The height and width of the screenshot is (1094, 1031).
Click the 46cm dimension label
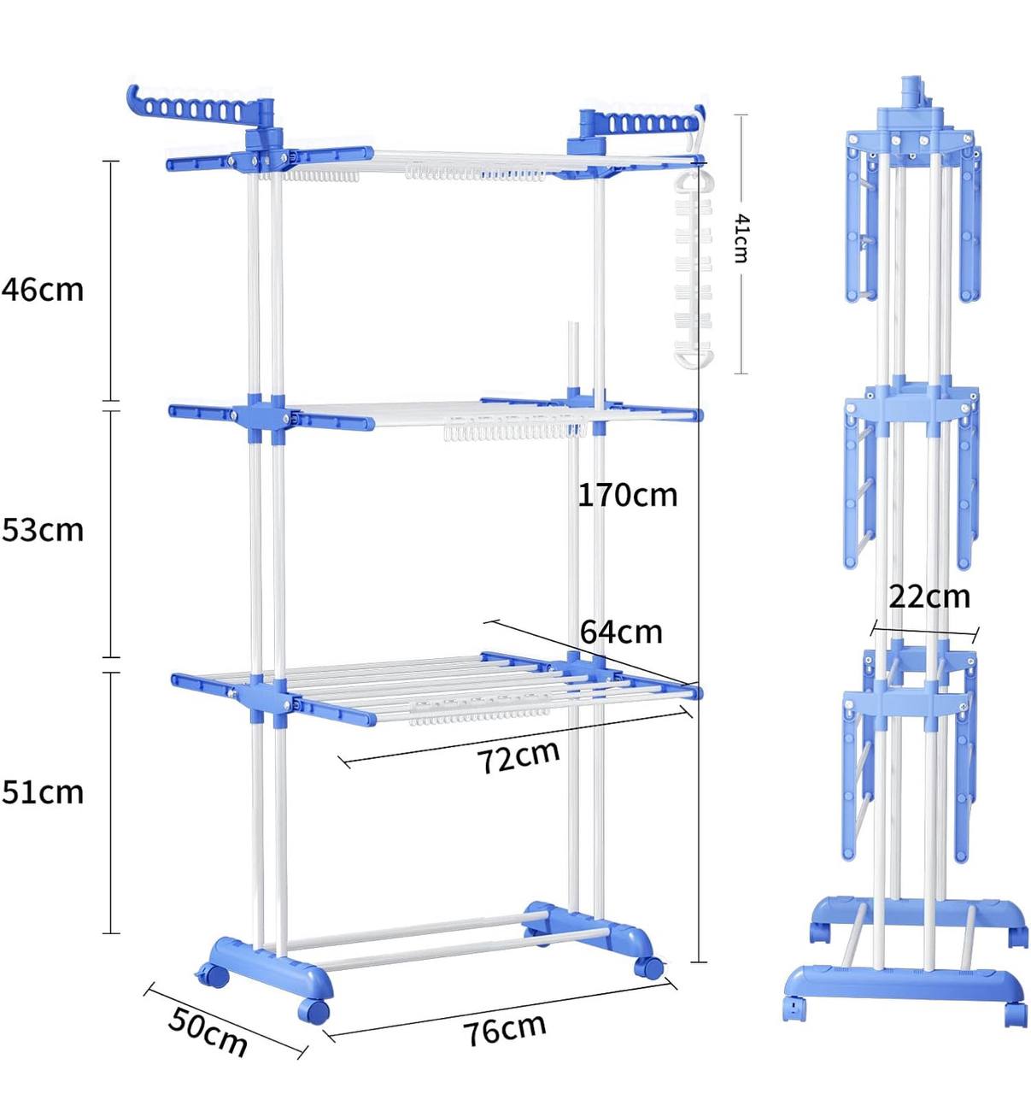coord(43,290)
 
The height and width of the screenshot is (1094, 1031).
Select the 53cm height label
coord(43,530)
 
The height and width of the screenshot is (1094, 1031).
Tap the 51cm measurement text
coord(43,792)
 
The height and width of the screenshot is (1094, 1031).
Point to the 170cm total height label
coord(628,495)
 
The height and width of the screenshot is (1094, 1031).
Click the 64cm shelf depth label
coord(621,632)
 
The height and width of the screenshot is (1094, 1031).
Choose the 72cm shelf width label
coord(518,756)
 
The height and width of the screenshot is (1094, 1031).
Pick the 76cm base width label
coord(505,1029)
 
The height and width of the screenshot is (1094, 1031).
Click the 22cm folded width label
coord(929,596)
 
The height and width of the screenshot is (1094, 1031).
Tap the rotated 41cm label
coord(741,238)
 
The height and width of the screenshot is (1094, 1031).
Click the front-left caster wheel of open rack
coord(313,1011)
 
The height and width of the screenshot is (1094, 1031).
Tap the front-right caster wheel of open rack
coord(649,968)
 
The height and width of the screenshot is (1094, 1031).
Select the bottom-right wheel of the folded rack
coord(1015,1014)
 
